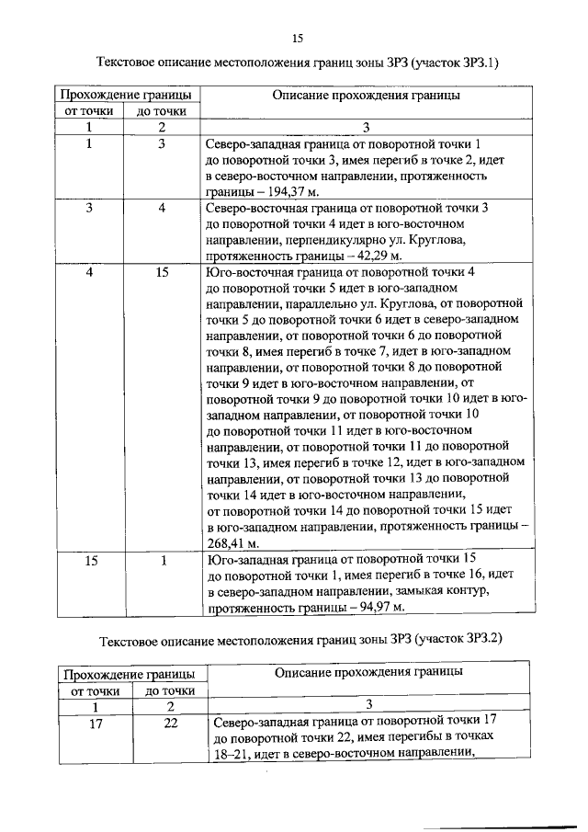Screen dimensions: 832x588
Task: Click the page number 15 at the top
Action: [x=297, y=38]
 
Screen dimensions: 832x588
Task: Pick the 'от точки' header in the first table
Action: [x=89, y=111]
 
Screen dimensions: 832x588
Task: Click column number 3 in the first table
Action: [x=366, y=127]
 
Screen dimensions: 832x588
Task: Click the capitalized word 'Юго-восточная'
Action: [x=247, y=273]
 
